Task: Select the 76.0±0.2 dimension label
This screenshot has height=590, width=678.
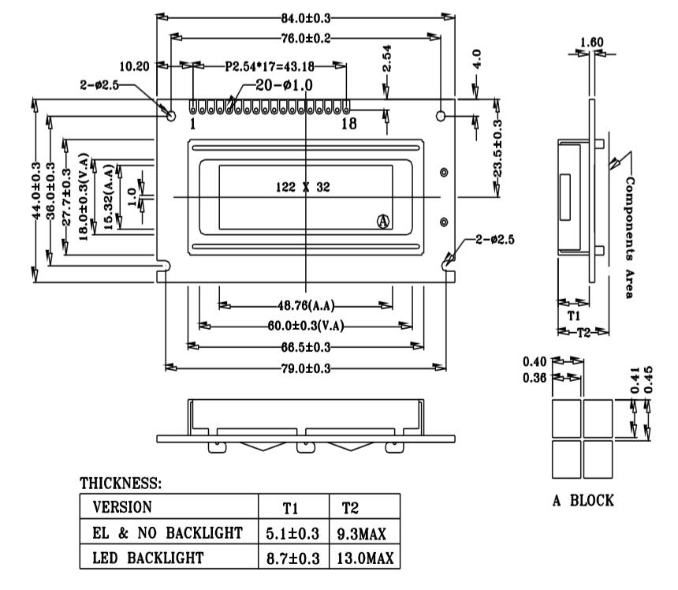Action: pyautogui.click(x=306, y=38)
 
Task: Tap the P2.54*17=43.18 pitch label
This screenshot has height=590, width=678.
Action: pyautogui.click(x=270, y=66)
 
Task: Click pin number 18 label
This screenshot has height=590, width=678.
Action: pyautogui.click(x=348, y=124)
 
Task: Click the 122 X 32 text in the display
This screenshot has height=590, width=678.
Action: pyautogui.click(x=302, y=187)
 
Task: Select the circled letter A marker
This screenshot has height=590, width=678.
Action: pyautogui.click(x=384, y=222)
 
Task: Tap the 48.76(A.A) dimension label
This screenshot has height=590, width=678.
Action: pyautogui.click(x=304, y=306)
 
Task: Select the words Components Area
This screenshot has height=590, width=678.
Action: pyautogui.click(x=629, y=237)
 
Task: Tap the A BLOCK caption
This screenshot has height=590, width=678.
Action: pyautogui.click(x=581, y=500)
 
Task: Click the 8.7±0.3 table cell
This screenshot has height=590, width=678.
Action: pyautogui.click(x=289, y=558)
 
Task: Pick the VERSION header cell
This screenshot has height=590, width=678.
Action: pyautogui.click(x=122, y=506)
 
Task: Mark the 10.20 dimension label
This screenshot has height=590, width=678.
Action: pyautogui.click(x=134, y=66)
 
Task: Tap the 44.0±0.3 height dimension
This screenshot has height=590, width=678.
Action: pyautogui.click(x=36, y=189)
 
